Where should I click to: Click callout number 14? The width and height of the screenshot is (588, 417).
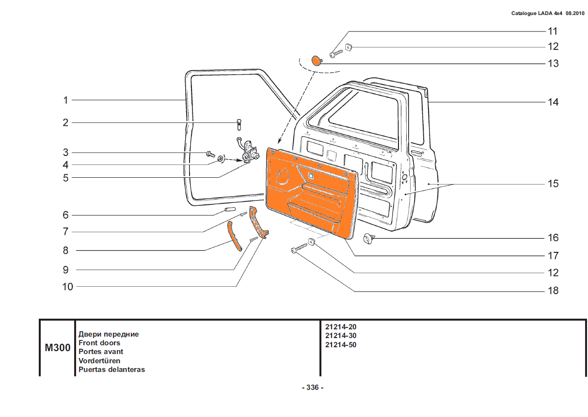coord(553,102)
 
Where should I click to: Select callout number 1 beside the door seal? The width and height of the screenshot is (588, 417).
coord(65,100)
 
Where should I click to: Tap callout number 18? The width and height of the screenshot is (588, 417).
coord(553,291)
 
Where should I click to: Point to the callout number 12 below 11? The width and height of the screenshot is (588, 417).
coord(553,46)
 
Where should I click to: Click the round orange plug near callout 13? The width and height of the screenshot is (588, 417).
coord(317,60)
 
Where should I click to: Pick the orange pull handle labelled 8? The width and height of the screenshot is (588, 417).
coord(235,236)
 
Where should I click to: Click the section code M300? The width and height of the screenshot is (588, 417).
coord(58,347)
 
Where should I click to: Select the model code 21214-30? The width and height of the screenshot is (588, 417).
coord(341,336)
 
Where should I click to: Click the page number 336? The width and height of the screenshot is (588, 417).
coord(312,387)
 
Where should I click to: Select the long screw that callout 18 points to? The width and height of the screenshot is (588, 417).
coord(299,248)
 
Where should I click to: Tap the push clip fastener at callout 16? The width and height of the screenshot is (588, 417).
coord(369,238)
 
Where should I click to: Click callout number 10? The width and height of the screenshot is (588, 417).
coord(67,287)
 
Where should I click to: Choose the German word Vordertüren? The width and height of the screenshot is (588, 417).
coord(99,361)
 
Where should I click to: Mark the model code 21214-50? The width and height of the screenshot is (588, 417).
coord(341,345)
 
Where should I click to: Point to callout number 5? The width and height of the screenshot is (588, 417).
coord(65,178)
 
